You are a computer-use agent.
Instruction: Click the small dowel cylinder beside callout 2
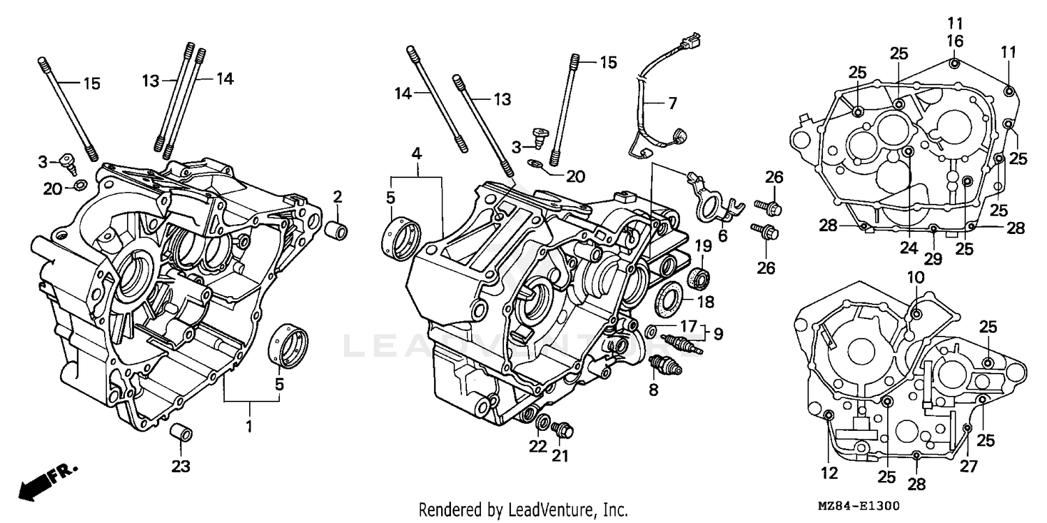click(338, 230)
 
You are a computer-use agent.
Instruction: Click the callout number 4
click(416, 152)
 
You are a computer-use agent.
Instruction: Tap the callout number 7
click(671, 104)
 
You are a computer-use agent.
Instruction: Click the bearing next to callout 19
click(699, 278)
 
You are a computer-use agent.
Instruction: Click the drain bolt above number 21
click(562, 431)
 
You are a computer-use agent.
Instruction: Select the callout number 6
click(722, 236)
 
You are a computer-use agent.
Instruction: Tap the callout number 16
click(955, 41)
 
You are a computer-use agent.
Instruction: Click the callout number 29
click(933, 258)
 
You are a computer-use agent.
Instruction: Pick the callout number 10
click(916, 277)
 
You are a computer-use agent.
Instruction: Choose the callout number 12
click(829, 473)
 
